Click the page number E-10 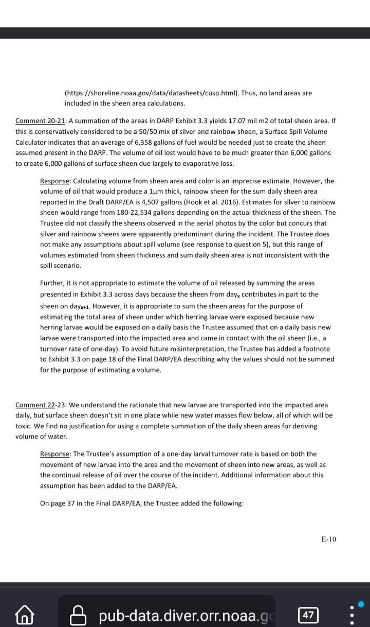(x=328, y=539)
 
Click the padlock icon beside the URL (x=77, y=615)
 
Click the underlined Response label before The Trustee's (x=55, y=454)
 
